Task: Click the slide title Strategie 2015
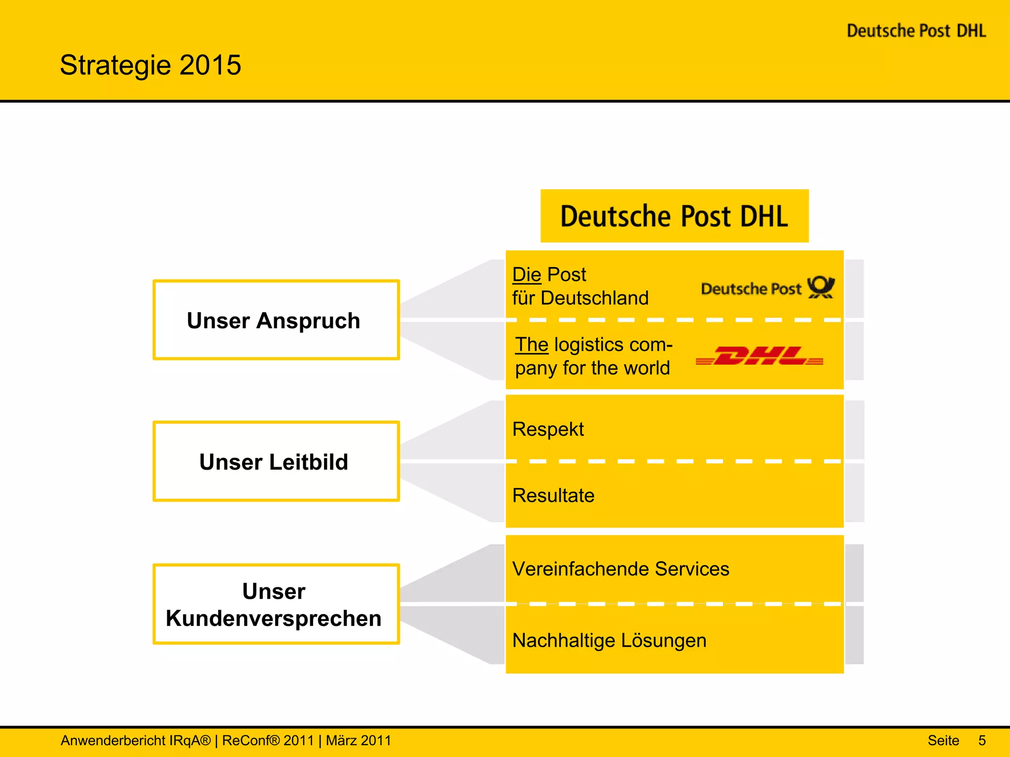[x=150, y=65]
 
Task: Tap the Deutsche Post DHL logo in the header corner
[x=916, y=31]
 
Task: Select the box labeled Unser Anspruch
[x=276, y=320]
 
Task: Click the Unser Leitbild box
[x=276, y=462]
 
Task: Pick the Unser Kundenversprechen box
[x=276, y=604]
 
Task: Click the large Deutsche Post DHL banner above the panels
[x=674, y=216]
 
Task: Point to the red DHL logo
[x=759, y=355]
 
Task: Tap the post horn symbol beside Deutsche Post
[x=821, y=287]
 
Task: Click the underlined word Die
[x=527, y=275]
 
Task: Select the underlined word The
[x=532, y=344]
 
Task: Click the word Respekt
[x=548, y=429]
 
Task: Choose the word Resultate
[x=553, y=495]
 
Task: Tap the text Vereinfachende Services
[x=620, y=569]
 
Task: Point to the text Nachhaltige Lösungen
[x=609, y=640]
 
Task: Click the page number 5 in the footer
[x=982, y=740]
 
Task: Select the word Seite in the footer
[x=943, y=740]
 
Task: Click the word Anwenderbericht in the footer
[x=113, y=740]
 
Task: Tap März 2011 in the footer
[x=359, y=740]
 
